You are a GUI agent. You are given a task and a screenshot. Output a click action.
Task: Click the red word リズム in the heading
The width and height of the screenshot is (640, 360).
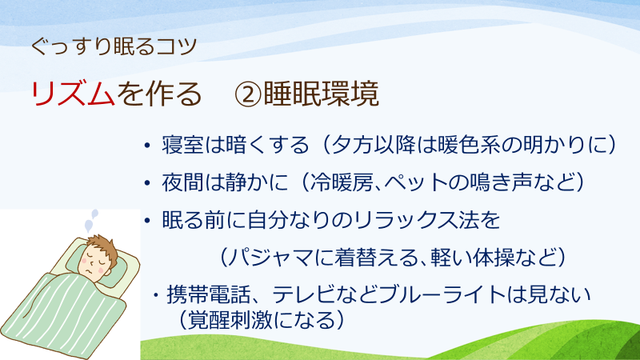point(73,94)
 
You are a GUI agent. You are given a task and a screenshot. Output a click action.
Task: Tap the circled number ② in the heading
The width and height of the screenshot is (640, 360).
point(247,94)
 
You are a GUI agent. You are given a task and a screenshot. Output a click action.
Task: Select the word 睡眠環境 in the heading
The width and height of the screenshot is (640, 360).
point(322,94)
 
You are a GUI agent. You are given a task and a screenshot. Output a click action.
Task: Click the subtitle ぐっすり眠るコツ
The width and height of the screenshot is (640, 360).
point(114,46)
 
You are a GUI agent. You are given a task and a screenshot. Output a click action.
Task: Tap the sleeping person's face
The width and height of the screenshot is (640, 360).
point(94,263)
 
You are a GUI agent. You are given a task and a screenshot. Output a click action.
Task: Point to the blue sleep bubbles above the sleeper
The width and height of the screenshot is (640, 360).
point(91,221)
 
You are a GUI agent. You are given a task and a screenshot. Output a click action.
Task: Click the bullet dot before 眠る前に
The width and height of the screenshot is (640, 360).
point(147,221)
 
